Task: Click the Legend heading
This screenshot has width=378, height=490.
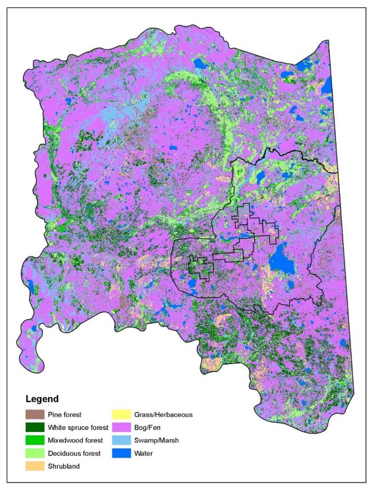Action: [41, 399]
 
